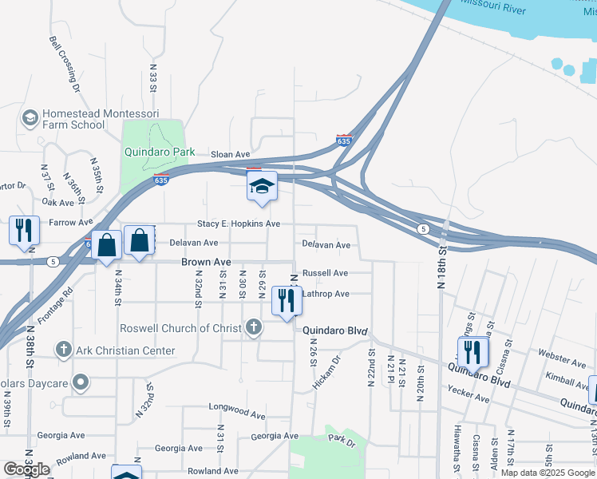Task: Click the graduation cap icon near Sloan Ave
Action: [261, 187]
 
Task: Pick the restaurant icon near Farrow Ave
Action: [24, 230]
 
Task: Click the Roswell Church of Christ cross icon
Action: [254, 327]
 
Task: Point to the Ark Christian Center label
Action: [114, 350]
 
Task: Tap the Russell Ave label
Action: [325, 273]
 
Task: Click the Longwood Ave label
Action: [236, 415]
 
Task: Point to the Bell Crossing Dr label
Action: [65, 61]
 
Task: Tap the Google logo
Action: [26, 469]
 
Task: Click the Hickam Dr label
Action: [326, 372]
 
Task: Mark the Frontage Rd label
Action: [58, 304]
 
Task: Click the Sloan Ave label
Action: [231, 155]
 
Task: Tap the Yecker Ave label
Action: [469, 391]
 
